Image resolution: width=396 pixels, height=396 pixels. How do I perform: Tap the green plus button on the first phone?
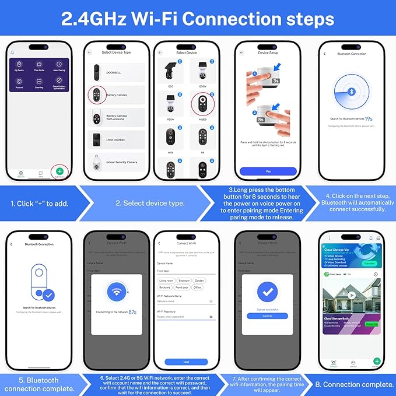pyautogui.click(x=60, y=171)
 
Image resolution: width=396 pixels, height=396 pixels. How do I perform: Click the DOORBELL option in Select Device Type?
pyautogui.click(x=114, y=72)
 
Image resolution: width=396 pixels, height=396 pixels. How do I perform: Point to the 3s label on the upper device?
pyautogui.click(x=275, y=80)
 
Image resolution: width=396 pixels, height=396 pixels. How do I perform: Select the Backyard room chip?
pyautogui.click(x=164, y=288)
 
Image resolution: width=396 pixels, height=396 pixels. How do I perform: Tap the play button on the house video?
pyautogui.click(x=352, y=295)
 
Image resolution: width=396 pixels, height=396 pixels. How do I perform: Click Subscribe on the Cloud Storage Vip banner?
pyautogui.click(x=370, y=264)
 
